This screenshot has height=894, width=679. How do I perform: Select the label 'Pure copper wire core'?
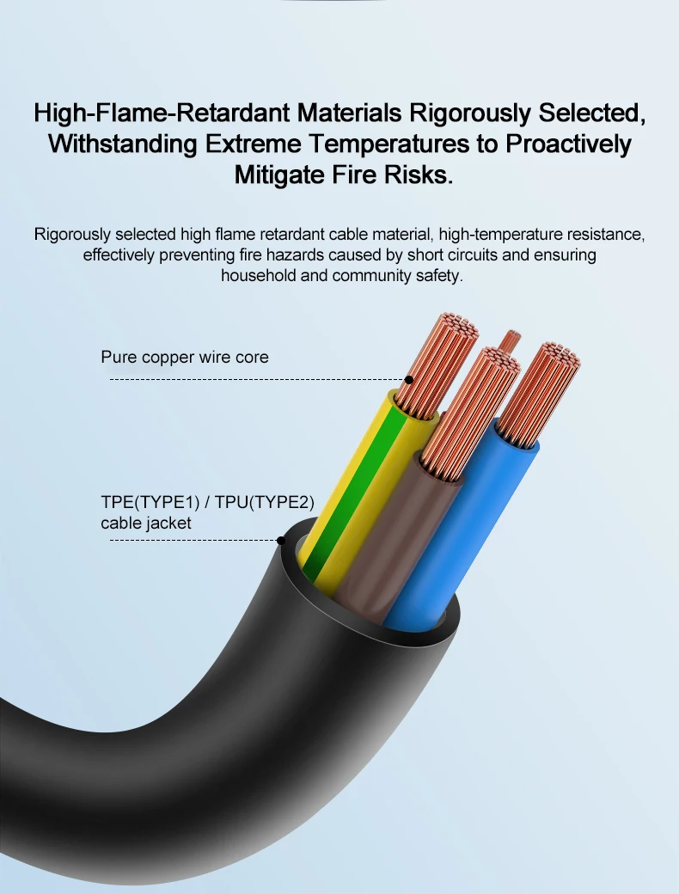(x=185, y=357)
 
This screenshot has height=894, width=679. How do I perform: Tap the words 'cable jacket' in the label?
(x=146, y=523)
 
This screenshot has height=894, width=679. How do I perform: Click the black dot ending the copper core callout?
(x=409, y=379)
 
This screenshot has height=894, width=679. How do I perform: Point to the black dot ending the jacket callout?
(x=280, y=540)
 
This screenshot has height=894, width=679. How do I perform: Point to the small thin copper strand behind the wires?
(x=510, y=340)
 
